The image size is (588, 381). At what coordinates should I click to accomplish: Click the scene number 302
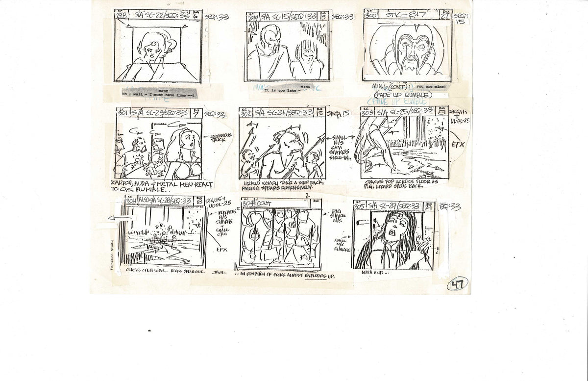(x=246, y=113)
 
